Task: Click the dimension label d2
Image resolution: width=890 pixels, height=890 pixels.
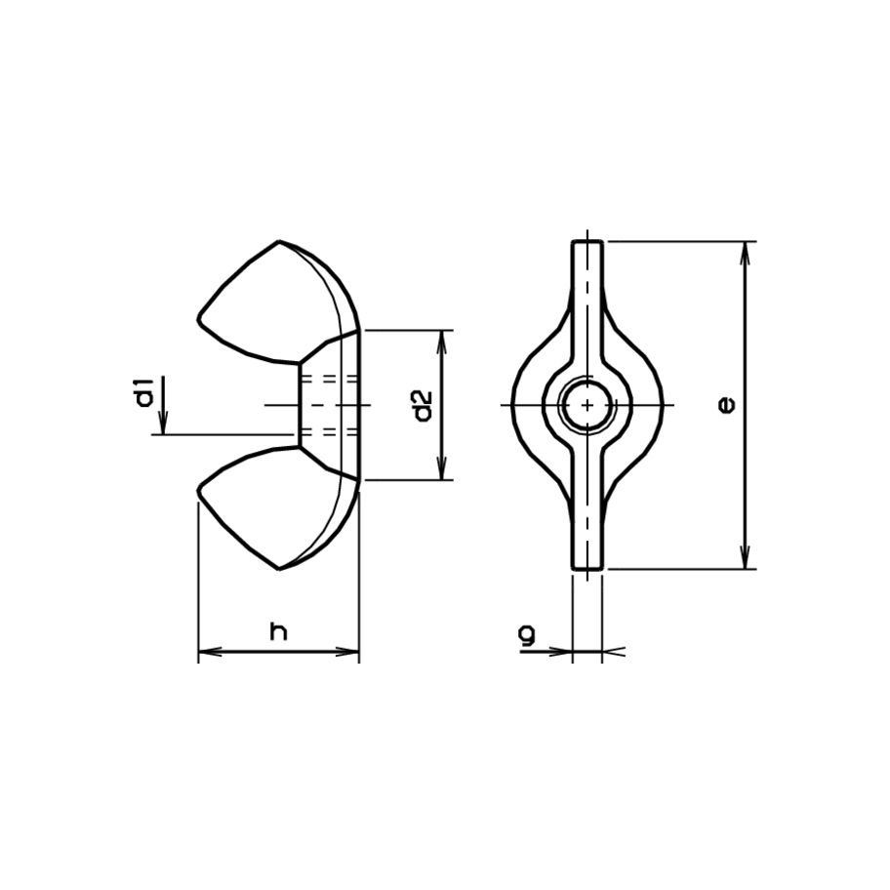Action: pyautogui.click(x=422, y=405)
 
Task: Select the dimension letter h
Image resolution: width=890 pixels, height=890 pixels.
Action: pyautogui.click(x=279, y=632)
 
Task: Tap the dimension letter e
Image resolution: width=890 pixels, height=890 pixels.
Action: pyautogui.click(x=724, y=404)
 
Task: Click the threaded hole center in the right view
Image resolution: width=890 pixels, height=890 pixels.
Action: pyautogui.click(x=587, y=404)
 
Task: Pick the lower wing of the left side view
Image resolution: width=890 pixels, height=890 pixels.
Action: pyautogui.click(x=278, y=507)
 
